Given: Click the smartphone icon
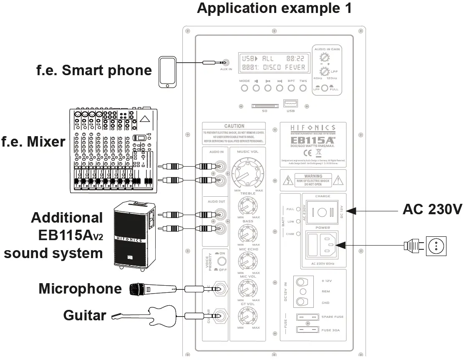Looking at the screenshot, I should click(168, 72).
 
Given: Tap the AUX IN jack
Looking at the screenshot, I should click(226, 62).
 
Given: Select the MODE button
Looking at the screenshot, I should click(245, 88).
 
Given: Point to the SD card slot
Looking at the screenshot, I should click(265, 106).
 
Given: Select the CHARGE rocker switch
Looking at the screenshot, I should click(323, 212).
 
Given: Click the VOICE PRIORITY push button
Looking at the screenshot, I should click(223, 262).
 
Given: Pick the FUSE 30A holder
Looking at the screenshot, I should click(307, 330).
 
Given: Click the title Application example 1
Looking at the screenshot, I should click(274, 8).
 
